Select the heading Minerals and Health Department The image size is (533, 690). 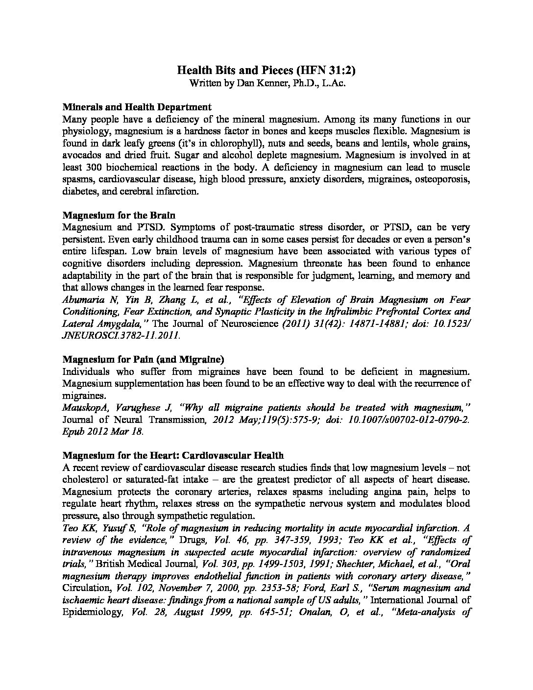click(137, 107)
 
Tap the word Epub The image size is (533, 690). click(73, 431)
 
